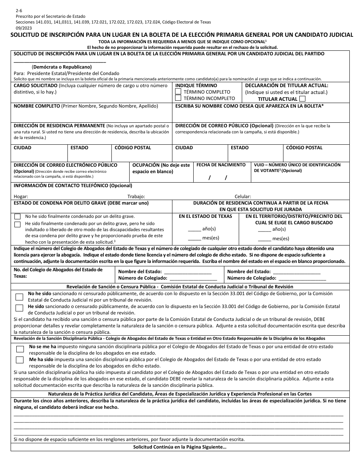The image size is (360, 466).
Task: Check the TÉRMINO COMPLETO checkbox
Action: pos(178,92)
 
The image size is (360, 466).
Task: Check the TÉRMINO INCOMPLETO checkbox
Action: pos(178,98)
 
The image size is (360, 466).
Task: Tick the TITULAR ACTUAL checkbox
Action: pos(302,99)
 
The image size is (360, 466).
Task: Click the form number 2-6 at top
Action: pos(19,11)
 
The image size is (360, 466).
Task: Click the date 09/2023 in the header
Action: pos(24,28)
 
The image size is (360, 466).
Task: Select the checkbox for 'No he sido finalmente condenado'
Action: pos(17,217)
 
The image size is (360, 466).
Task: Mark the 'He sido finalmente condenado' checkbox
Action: pos(17,224)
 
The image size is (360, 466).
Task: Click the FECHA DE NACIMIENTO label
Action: pos(221,165)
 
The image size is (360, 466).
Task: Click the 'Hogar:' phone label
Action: pos(21,196)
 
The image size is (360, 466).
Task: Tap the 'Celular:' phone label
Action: pos(243,196)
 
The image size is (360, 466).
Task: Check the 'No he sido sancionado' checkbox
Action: pos(19,297)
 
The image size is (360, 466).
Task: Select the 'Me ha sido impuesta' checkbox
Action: pos(19,360)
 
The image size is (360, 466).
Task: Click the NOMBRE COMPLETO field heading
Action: pos(37,106)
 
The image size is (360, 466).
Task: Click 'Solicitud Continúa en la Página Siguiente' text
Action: pos(180,447)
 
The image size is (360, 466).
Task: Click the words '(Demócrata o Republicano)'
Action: pos(62,67)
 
